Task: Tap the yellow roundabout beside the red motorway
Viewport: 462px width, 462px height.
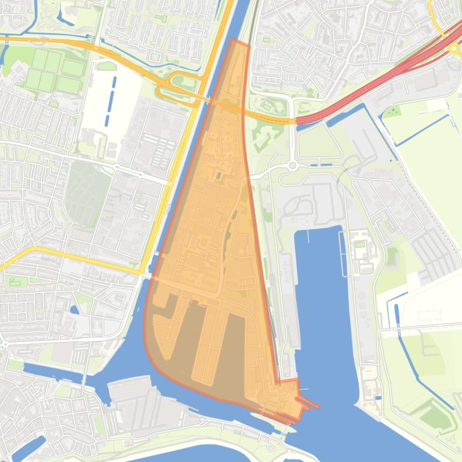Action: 453,47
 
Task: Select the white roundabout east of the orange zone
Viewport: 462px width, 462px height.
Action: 293,165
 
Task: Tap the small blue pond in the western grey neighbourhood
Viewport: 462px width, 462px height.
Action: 74,310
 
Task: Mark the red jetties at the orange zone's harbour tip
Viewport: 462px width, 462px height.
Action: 308,404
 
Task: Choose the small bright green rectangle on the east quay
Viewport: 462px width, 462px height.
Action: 360,244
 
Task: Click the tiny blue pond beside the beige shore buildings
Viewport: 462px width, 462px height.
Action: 377,397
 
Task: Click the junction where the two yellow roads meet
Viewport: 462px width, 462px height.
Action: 142,272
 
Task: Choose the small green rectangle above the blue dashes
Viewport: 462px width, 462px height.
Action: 106,66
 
